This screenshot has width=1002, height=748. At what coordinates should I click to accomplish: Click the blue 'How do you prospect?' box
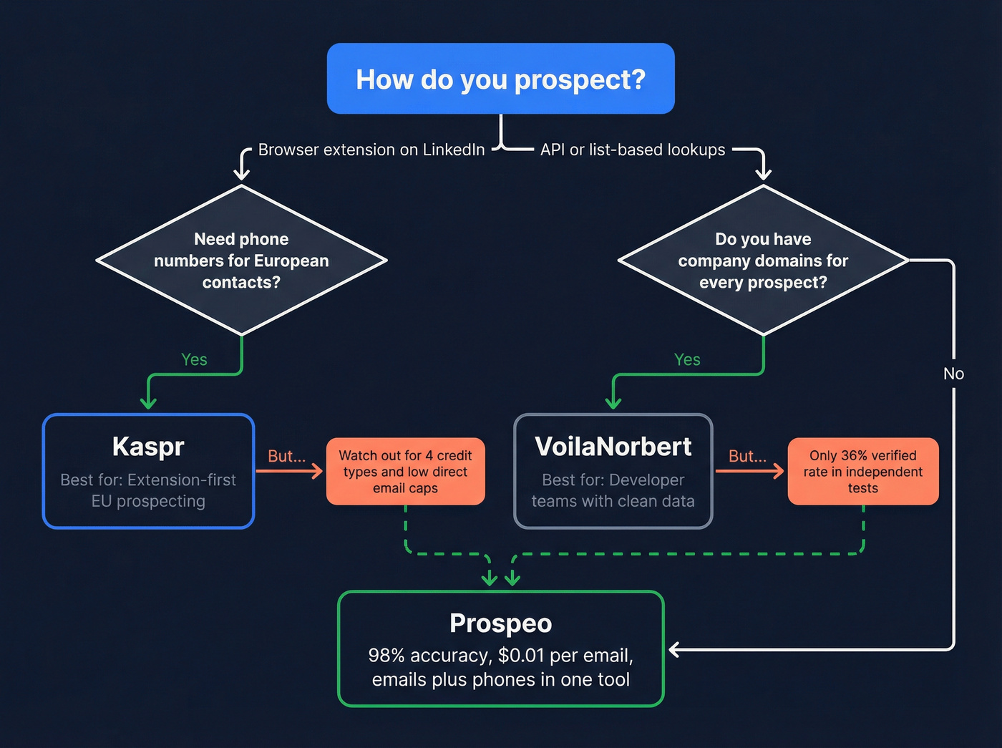pyautogui.click(x=500, y=79)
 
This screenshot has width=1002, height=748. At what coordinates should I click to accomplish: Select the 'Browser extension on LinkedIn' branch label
pyautogui.click(x=371, y=150)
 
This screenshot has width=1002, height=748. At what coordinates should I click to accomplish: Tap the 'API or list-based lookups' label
pyautogui.click(x=632, y=150)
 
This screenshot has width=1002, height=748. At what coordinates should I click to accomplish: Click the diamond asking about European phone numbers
pyautogui.click(x=241, y=261)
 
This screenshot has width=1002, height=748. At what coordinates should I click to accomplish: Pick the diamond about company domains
pyautogui.click(x=763, y=261)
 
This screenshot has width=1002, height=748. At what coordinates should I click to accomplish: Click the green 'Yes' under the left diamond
pyautogui.click(x=194, y=359)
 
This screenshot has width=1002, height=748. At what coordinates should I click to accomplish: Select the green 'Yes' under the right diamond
pyautogui.click(x=687, y=359)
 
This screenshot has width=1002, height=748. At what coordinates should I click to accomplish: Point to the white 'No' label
pyautogui.click(x=953, y=374)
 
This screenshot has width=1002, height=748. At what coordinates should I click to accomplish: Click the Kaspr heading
pyautogui.click(x=148, y=447)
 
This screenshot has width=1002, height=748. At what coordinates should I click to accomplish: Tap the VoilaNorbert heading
pyautogui.click(x=613, y=447)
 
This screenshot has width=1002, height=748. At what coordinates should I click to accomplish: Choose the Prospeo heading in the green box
pyautogui.click(x=500, y=623)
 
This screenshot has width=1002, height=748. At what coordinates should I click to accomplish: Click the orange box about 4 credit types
pyautogui.click(x=405, y=472)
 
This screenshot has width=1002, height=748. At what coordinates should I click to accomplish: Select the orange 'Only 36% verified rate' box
pyautogui.click(x=862, y=472)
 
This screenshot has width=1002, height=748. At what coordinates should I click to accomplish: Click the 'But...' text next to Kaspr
pyautogui.click(x=286, y=456)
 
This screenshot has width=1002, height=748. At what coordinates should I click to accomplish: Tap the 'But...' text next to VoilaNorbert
pyautogui.click(x=747, y=456)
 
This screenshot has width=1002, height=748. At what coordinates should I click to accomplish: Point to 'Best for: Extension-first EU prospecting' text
pyautogui.click(x=148, y=490)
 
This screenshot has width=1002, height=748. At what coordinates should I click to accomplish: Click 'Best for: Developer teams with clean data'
pyautogui.click(x=613, y=490)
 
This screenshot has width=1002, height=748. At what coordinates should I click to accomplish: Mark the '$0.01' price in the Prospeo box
pyautogui.click(x=521, y=656)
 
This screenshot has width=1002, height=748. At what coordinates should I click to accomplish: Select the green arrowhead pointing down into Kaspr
pyautogui.click(x=148, y=402)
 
